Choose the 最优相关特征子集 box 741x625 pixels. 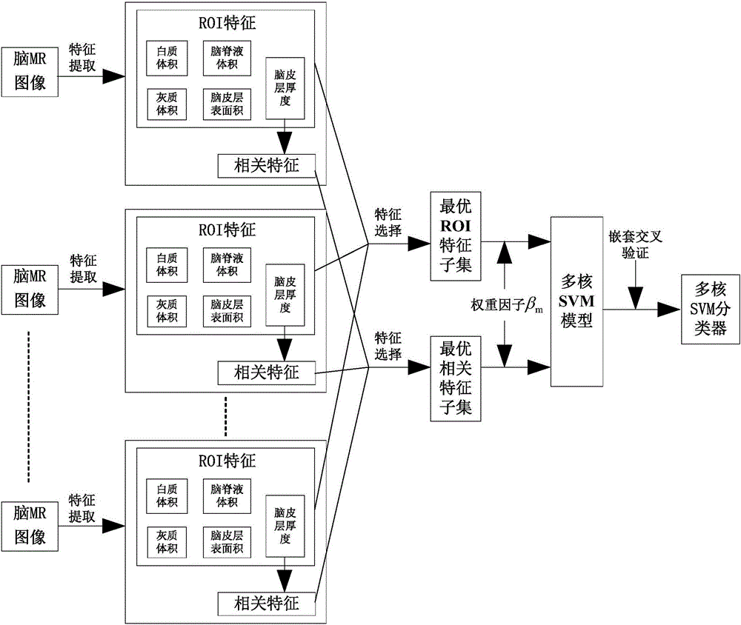pyautogui.click(x=455, y=377)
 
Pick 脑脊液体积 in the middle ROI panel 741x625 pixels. pyautogui.click(x=225, y=264)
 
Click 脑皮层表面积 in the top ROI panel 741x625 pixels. pyautogui.click(x=225, y=104)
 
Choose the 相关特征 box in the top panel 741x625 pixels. pyautogui.click(x=267, y=165)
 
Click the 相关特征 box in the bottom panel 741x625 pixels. pyautogui.click(x=267, y=602)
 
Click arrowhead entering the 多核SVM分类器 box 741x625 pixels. pyautogui.click(x=671, y=310)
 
